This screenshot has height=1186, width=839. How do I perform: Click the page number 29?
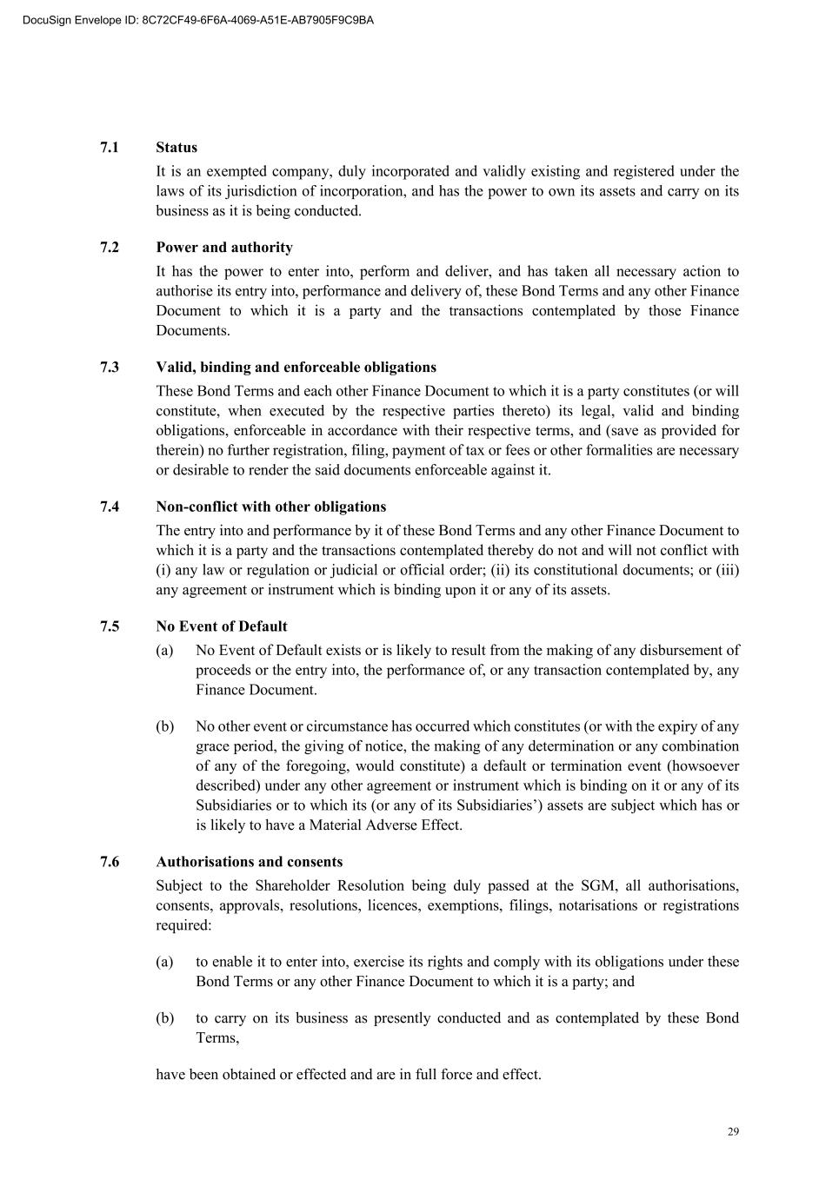click(733, 1131)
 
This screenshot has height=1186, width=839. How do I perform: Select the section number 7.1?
click(110, 148)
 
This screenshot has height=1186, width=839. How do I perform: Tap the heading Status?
click(176, 148)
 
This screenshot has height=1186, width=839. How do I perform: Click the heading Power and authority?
click(224, 248)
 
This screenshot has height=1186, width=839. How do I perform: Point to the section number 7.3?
click(110, 368)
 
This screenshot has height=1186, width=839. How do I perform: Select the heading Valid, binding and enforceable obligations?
click(296, 368)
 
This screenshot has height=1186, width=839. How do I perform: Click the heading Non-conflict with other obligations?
click(270, 507)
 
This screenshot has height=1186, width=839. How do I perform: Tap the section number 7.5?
click(110, 626)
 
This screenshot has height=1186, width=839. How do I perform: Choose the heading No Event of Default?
click(221, 626)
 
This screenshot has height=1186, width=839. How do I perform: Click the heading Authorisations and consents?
click(249, 862)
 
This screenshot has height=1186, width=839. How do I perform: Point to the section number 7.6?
click(110, 862)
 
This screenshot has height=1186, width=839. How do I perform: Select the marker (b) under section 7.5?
click(164, 726)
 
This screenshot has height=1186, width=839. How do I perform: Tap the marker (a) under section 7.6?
click(164, 962)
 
